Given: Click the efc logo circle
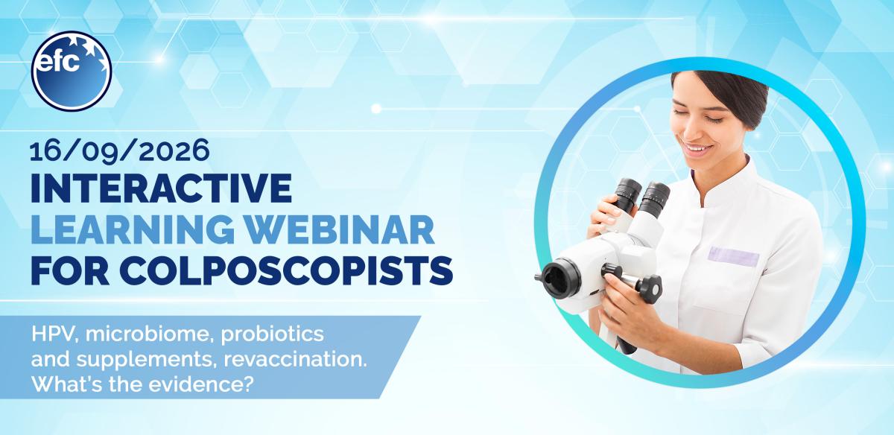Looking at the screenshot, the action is [x=72, y=71].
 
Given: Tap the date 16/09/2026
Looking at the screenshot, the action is [x=120, y=150].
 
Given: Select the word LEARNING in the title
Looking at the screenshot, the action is [x=133, y=229].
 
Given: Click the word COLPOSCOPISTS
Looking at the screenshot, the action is [x=286, y=270].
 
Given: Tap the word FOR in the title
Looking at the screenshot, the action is [x=70, y=270].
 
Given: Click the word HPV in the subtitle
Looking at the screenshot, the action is [x=54, y=334].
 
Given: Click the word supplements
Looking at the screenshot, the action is [x=147, y=361].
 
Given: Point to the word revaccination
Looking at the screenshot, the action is [x=295, y=359].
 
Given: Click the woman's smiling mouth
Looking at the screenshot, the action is [x=697, y=148].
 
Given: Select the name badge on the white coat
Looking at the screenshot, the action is [x=733, y=257].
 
